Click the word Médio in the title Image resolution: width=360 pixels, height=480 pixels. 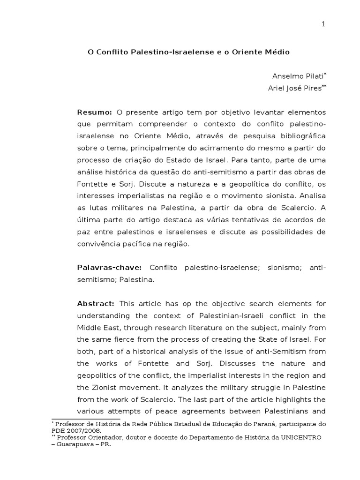coord(278,52)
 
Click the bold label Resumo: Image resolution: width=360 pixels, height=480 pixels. coord(94,113)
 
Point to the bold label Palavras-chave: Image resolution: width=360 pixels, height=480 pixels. coord(109,267)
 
